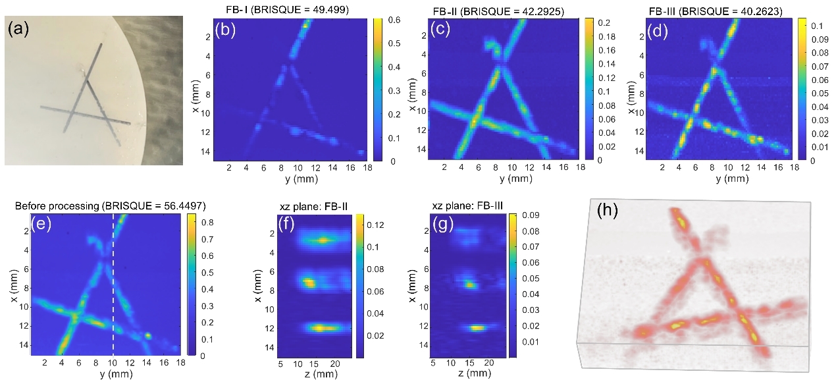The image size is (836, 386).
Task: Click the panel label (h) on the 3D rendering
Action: click(609, 211)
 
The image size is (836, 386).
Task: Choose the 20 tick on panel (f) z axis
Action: click(335, 363)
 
